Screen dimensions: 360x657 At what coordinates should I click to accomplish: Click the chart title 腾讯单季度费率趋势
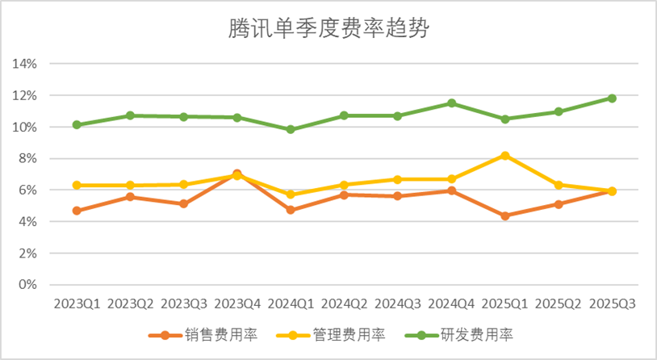(328, 31)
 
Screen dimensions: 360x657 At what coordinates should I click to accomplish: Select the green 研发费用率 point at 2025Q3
(612, 98)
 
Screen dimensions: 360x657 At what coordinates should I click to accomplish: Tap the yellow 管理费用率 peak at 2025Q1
(505, 155)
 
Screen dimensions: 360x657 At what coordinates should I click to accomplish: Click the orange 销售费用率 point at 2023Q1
(77, 211)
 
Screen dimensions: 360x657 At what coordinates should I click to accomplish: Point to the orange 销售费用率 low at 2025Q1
(505, 216)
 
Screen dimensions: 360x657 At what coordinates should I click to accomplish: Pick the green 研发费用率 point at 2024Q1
(291, 129)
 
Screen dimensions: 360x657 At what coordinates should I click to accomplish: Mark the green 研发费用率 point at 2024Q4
(451, 103)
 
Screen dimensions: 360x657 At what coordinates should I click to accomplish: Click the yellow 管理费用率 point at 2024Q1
(291, 195)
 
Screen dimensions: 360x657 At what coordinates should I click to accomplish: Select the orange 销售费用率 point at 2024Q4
(451, 190)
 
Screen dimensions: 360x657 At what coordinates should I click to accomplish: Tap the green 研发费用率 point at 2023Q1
(77, 125)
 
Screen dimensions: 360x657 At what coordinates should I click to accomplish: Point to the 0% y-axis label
(30, 285)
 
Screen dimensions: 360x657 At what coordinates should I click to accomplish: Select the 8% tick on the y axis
(30, 158)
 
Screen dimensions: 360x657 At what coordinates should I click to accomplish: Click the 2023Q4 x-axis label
(237, 304)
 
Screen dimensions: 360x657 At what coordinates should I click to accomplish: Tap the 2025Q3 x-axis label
(612, 304)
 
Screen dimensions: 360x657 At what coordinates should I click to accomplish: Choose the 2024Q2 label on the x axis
(345, 304)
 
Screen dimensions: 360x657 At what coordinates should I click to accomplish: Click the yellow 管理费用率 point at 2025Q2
(559, 185)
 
